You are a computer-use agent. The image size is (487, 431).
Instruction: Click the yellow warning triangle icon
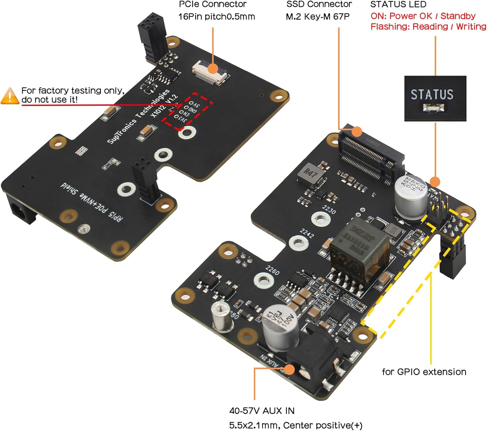[10, 96]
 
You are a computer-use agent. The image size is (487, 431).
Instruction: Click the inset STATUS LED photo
[435, 99]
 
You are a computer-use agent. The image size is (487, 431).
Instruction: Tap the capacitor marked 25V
[411, 195]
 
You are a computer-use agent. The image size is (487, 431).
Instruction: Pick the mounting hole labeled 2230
[321, 219]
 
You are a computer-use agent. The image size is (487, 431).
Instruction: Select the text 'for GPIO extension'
[424, 372]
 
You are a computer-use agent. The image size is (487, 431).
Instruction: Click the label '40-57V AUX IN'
[262, 411]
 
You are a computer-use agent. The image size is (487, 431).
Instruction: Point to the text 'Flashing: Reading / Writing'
[428, 27]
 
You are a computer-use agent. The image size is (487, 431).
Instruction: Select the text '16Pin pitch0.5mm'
[217, 17]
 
